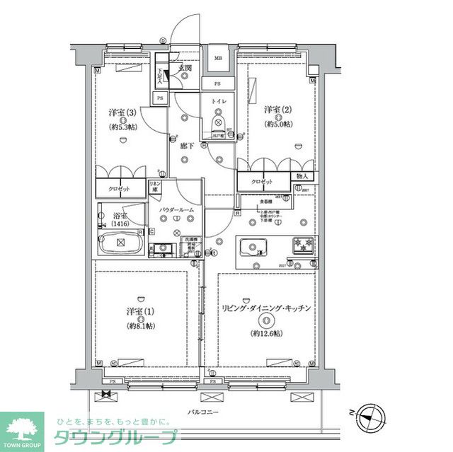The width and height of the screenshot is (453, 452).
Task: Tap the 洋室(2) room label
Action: (278, 110)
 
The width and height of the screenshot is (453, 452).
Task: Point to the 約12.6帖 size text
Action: (267, 334)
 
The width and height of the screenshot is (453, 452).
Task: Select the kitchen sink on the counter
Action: (253, 248)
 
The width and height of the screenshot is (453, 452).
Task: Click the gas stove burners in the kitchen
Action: (301, 246)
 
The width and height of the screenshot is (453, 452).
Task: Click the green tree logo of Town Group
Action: (21, 427)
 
